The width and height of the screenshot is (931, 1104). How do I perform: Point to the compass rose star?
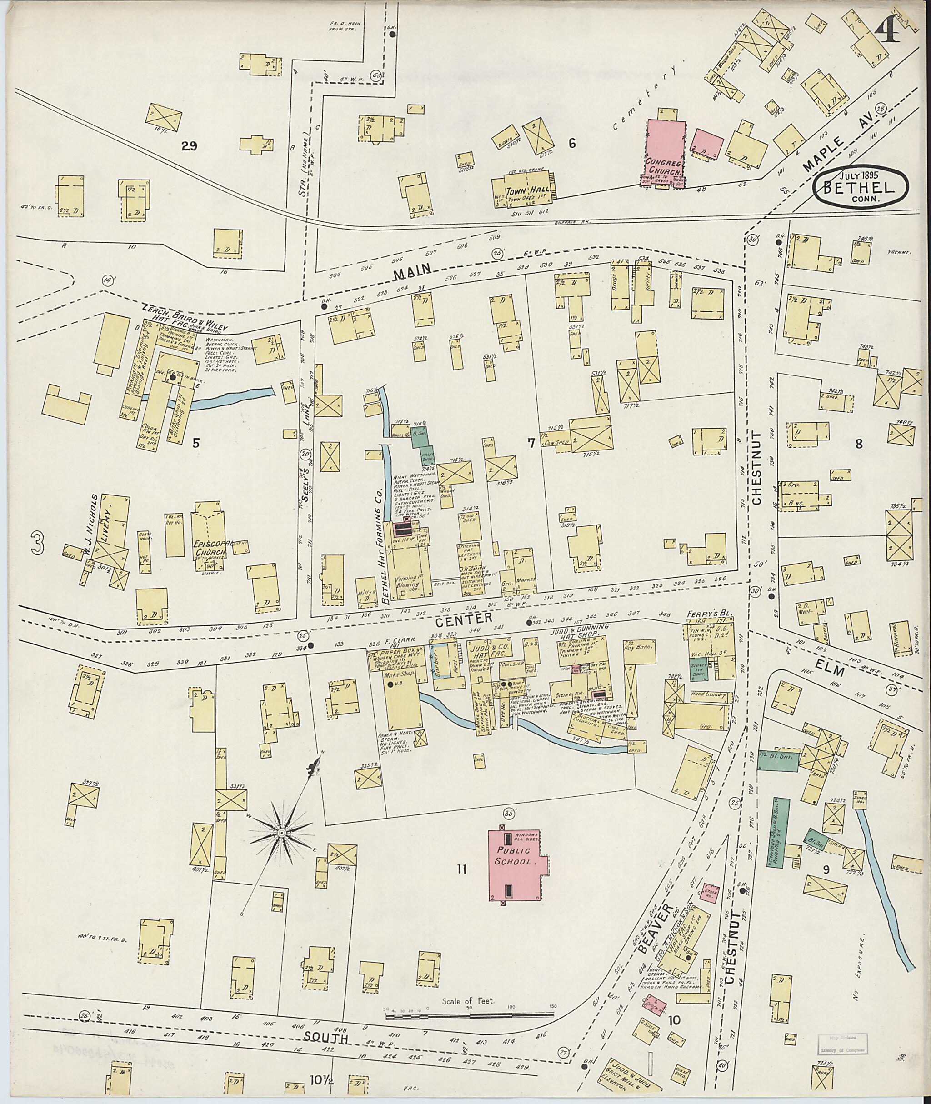(281, 833)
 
